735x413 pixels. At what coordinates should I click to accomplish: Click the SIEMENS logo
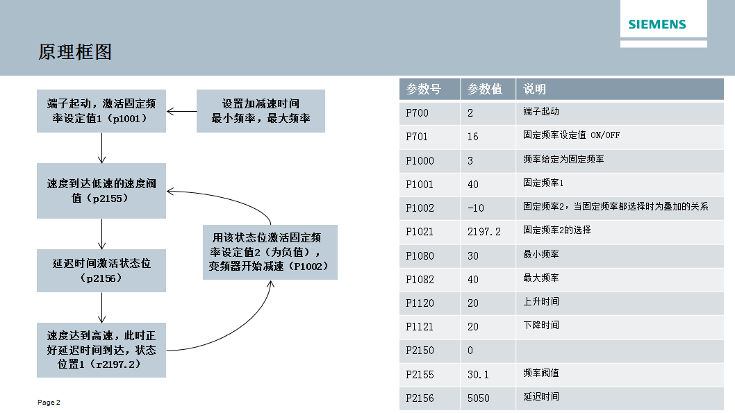click(x=656, y=24)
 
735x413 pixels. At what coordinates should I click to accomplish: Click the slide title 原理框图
click(x=75, y=52)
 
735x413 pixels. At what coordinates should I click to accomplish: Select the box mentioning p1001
click(x=101, y=111)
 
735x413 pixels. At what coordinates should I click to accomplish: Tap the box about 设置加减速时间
click(x=261, y=111)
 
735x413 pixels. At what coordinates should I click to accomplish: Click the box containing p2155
click(x=101, y=191)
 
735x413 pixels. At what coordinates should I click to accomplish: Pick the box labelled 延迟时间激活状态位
click(x=101, y=271)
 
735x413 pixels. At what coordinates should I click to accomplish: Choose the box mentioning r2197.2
click(x=101, y=350)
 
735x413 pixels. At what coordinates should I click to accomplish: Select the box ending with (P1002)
click(x=270, y=253)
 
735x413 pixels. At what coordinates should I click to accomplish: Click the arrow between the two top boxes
click(x=181, y=111)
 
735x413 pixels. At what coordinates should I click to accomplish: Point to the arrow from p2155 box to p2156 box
click(x=102, y=234)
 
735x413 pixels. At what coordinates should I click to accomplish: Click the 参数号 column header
click(x=424, y=89)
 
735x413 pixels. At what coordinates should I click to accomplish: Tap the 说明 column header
click(x=534, y=89)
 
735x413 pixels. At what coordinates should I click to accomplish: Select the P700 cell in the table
click(x=417, y=112)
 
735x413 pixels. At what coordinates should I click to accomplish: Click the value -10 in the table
click(x=476, y=208)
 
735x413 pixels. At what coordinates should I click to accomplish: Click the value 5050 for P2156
click(x=478, y=398)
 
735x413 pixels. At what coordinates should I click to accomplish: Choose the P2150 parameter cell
click(x=420, y=351)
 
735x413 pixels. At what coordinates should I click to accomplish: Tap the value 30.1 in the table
click(x=478, y=374)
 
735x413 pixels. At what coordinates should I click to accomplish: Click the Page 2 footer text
click(x=49, y=403)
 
